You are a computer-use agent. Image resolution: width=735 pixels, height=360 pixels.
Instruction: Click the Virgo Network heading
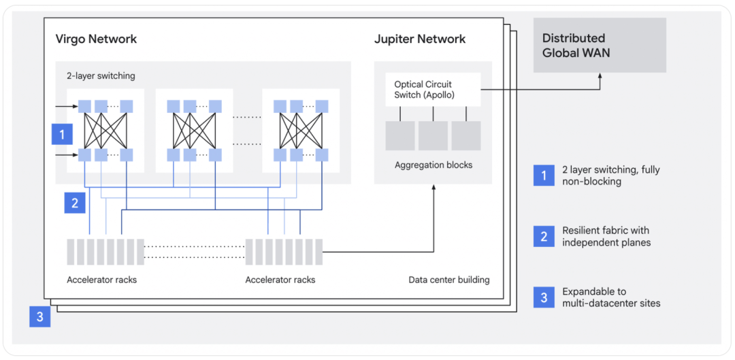pos(96,39)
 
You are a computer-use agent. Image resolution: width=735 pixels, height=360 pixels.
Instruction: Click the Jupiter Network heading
pos(420,39)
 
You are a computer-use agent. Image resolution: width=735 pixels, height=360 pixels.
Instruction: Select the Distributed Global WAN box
pos(600,45)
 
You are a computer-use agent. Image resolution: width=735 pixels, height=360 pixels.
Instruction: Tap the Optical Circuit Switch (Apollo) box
pos(433,89)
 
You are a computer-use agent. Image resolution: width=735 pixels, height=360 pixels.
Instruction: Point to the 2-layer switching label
pos(97,76)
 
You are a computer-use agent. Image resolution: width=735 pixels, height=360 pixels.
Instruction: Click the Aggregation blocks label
pos(433,165)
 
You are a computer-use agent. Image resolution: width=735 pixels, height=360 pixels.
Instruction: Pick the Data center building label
pos(448,280)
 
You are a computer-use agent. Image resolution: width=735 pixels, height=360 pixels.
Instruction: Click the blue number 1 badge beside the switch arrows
pos(62,134)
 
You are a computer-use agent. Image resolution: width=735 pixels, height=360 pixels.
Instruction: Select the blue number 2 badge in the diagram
pos(75,203)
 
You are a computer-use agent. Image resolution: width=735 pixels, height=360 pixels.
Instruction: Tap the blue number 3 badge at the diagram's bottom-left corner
pos(40,316)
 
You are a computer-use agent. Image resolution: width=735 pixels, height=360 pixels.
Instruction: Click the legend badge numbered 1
pos(544,176)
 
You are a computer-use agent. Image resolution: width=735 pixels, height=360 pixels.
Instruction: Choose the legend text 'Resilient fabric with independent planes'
pos(606,237)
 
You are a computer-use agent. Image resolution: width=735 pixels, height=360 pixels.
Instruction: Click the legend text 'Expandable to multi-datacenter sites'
pos(611,297)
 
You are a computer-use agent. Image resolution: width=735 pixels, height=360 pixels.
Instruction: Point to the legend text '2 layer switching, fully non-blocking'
pos(610,176)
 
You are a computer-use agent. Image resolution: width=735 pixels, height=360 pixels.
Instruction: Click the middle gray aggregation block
pos(433,135)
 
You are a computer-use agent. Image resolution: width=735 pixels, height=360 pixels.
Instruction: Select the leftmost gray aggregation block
pos(400,135)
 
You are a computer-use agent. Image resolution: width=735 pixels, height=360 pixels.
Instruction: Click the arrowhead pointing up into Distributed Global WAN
pos(600,76)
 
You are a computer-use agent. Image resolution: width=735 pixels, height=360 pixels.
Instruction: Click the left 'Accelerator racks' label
pos(102,280)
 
